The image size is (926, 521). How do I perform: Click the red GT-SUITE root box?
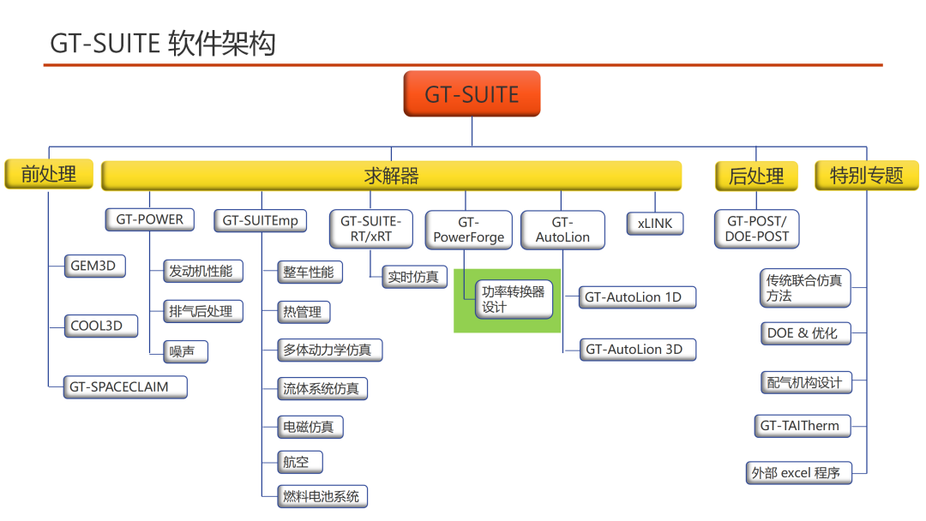(x=472, y=93)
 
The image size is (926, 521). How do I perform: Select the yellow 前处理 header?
(x=49, y=174)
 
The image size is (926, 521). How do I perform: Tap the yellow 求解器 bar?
(x=392, y=176)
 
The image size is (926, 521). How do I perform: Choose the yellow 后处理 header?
(x=756, y=176)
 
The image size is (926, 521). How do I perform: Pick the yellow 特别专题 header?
(x=866, y=176)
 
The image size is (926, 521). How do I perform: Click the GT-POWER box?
(x=150, y=219)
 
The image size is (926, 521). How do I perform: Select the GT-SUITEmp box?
(x=261, y=221)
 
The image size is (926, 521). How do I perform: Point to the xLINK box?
(x=655, y=224)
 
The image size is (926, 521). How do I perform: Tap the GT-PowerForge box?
(x=469, y=231)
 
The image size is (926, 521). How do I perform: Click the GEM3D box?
(x=94, y=266)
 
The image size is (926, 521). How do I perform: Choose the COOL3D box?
(x=101, y=326)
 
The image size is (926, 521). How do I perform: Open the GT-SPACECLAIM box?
(x=125, y=387)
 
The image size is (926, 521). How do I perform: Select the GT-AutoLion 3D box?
(x=638, y=350)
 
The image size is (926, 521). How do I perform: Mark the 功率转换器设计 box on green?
(x=514, y=300)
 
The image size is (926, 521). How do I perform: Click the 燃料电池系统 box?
(x=322, y=496)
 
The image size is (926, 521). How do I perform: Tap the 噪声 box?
(x=185, y=351)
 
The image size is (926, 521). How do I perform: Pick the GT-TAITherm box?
(x=803, y=426)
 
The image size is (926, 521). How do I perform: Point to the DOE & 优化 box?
(x=805, y=333)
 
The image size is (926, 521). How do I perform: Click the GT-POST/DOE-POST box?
(x=757, y=229)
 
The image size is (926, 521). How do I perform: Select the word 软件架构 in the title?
(x=222, y=44)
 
